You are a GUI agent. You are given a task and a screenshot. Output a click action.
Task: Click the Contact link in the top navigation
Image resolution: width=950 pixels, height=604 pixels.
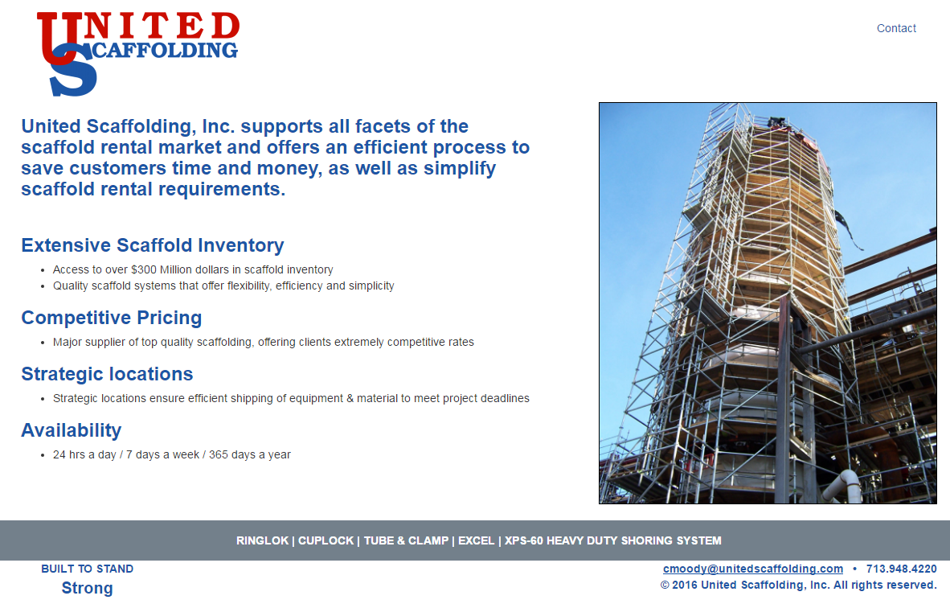coord(896,28)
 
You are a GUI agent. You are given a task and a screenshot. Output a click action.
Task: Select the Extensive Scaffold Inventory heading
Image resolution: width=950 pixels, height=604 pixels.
coord(153,245)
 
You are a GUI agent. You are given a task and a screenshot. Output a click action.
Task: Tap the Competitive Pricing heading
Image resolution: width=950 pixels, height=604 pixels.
coord(112,318)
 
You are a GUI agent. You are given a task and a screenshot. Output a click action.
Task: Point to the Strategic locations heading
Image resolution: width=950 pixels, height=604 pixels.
coord(107,374)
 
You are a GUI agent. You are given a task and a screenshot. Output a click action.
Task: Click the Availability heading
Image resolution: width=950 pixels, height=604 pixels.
coord(72,430)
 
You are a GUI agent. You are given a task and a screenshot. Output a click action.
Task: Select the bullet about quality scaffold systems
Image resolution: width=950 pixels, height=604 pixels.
coord(223,286)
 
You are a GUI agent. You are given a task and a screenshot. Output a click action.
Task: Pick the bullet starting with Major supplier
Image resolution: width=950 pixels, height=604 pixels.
coord(264,343)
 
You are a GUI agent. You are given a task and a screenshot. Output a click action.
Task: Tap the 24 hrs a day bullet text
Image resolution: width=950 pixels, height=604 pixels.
coord(172,455)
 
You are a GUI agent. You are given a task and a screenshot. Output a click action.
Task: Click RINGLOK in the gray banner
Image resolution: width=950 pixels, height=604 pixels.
coord(262,540)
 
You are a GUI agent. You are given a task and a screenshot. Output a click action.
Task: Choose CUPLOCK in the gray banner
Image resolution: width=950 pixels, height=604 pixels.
coord(326,540)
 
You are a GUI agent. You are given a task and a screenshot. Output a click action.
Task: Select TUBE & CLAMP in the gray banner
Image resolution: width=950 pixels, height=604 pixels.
coord(406,540)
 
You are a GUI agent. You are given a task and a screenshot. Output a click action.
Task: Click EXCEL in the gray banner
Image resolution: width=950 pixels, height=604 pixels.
coord(476,540)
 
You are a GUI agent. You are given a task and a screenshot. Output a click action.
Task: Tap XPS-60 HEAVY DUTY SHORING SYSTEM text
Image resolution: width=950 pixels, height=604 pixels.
coord(612,540)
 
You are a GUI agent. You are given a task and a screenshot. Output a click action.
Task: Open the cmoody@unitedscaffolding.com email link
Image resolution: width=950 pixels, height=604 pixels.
coord(753,569)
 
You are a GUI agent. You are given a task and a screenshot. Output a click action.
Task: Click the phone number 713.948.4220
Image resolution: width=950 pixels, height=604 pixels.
coord(902,569)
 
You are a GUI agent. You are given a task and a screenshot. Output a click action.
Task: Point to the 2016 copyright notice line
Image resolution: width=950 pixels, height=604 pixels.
coord(798,585)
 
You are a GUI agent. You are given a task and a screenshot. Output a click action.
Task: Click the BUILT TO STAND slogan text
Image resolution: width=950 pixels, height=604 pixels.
coord(88,569)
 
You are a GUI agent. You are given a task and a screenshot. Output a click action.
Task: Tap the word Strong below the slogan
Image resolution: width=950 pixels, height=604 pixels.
coord(88,588)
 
